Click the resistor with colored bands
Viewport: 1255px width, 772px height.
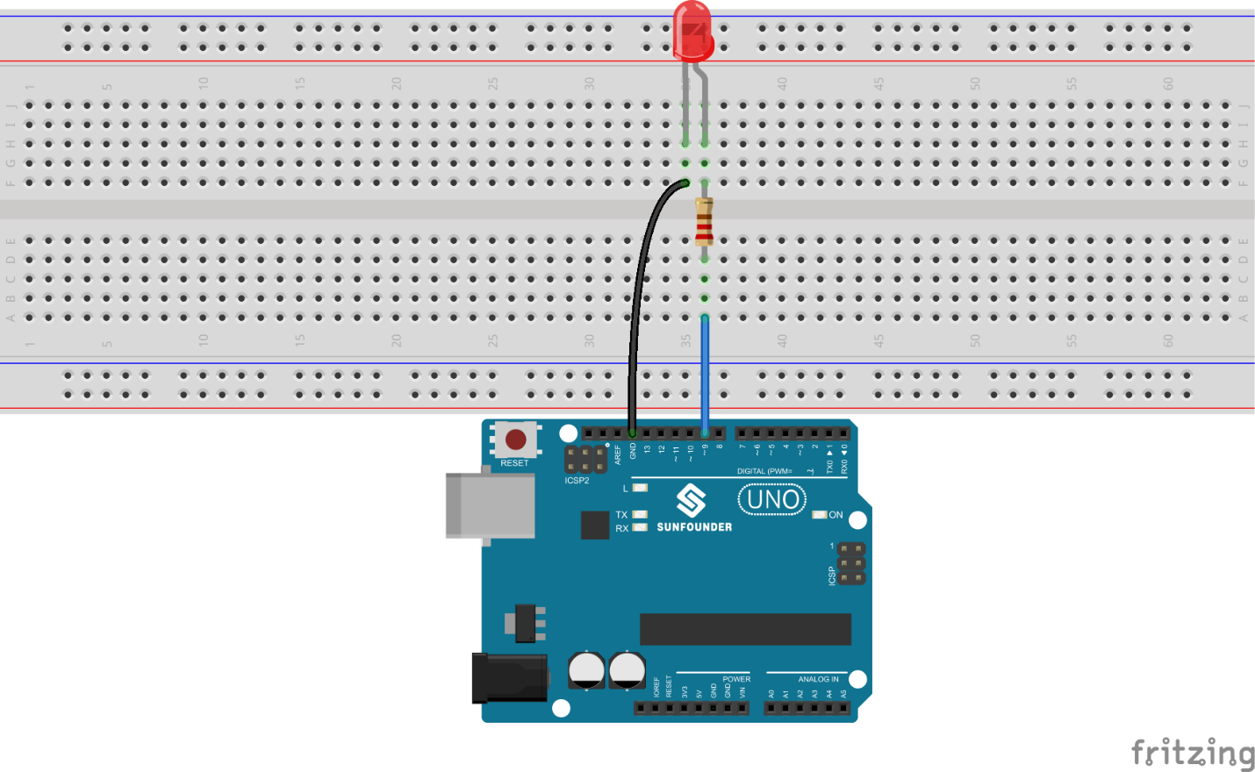click(704, 221)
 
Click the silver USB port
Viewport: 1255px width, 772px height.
click(490, 505)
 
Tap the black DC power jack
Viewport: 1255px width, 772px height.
click(509, 677)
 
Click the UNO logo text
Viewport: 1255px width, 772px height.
click(772, 500)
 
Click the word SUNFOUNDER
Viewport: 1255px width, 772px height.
click(694, 527)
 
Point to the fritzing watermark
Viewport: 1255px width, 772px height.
click(1192, 753)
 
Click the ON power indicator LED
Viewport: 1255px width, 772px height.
click(820, 515)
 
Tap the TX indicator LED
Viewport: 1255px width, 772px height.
click(640, 515)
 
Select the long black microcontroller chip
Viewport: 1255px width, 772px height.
click(745, 629)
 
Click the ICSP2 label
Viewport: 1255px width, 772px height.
click(577, 481)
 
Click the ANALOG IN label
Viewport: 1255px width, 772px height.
click(818, 679)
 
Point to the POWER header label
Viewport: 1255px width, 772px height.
click(736, 679)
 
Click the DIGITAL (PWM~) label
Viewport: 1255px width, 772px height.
click(764, 471)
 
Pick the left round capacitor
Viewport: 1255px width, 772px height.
click(586, 670)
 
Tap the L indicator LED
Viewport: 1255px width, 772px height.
click(640, 488)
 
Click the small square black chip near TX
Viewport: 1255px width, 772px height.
click(594, 525)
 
